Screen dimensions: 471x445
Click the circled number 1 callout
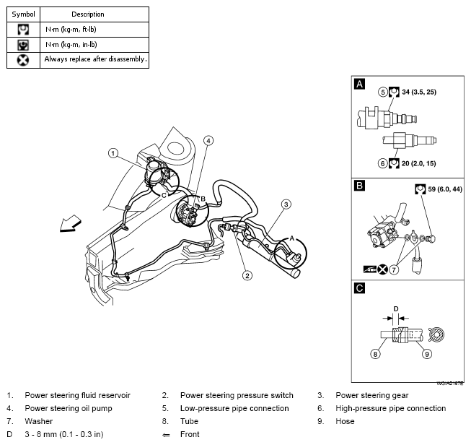point(113,153)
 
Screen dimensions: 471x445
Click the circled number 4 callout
point(208,141)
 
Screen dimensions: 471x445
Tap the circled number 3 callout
point(286,204)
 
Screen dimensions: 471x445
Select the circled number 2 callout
point(247,275)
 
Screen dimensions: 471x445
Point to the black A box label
point(359,84)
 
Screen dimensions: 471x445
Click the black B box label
point(359,186)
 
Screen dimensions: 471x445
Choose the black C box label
point(359,288)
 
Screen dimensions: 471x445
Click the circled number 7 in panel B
point(394,269)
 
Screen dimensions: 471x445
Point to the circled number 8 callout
point(375,354)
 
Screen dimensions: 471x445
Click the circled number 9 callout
point(427,354)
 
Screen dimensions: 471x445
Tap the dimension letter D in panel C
point(396,309)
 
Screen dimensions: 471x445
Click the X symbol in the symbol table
point(23,60)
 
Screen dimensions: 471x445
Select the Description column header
point(88,14)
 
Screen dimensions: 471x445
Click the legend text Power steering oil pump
point(69,408)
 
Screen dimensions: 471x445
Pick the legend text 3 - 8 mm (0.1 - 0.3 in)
point(64,434)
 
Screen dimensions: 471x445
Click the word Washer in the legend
point(39,421)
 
